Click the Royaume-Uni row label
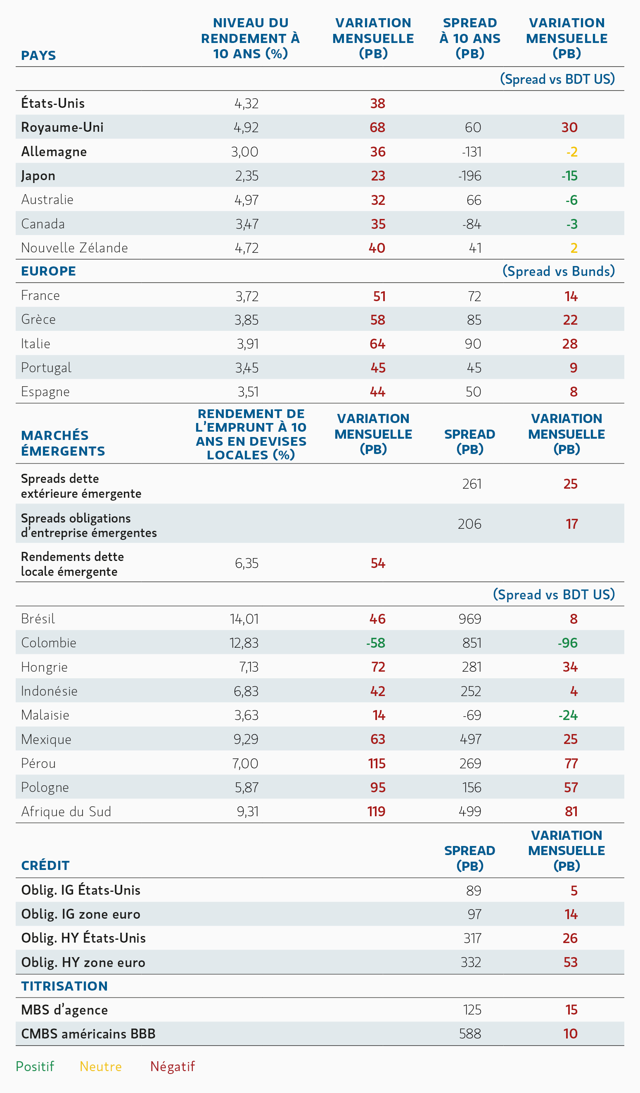(x=62, y=127)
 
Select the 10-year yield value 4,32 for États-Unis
(x=246, y=103)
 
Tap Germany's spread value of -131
(x=471, y=152)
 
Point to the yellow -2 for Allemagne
(x=571, y=152)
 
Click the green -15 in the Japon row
(x=569, y=176)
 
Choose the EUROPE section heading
(x=48, y=271)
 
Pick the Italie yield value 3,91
(x=247, y=344)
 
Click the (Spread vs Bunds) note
(x=559, y=271)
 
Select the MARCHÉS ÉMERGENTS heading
(x=63, y=443)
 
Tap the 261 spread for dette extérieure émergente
(x=472, y=484)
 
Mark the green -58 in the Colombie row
(x=375, y=643)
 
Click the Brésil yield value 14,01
(x=244, y=619)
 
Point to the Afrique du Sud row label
(x=66, y=812)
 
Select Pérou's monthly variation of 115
(x=377, y=763)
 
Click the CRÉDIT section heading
(x=45, y=865)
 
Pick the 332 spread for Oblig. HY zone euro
(x=470, y=962)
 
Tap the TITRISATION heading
(x=64, y=986)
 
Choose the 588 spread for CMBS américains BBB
(x=470, y=1034)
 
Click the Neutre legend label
(x=101, y=1067)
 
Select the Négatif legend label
(x=173, y=1067)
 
